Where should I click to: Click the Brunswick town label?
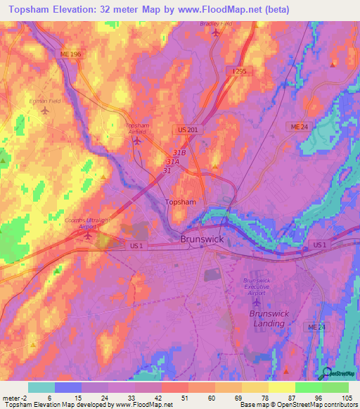[202, 239]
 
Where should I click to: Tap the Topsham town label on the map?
[179, 202]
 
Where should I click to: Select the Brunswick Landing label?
[267, 318]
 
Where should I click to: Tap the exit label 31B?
[179, 152]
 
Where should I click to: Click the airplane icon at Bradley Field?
[215, 32]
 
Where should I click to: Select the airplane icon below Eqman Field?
[46, 111]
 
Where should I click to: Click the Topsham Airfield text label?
[137, 129]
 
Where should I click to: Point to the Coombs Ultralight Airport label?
[87, 223]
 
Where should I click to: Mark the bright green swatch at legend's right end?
[335, 387]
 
